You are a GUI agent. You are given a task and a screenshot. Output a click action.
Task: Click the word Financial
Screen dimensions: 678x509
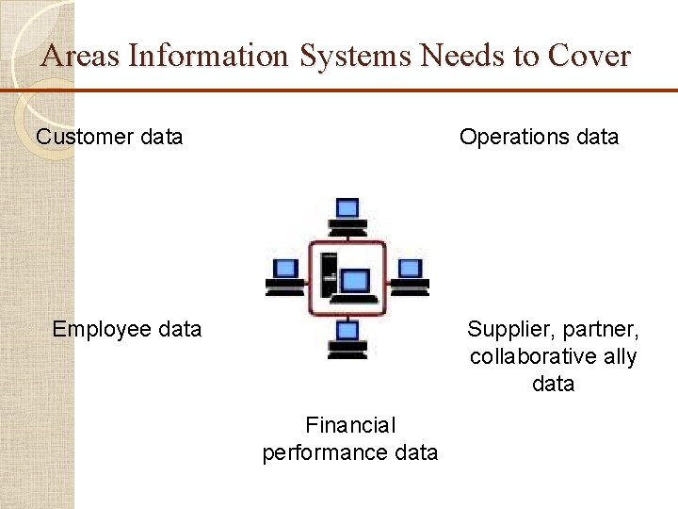click(x=350, y=426)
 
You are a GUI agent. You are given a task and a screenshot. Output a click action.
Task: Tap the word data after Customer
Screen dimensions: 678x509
click(x=160, y=137)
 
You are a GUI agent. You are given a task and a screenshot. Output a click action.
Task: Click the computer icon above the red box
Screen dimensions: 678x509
click(x=347, y=216)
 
